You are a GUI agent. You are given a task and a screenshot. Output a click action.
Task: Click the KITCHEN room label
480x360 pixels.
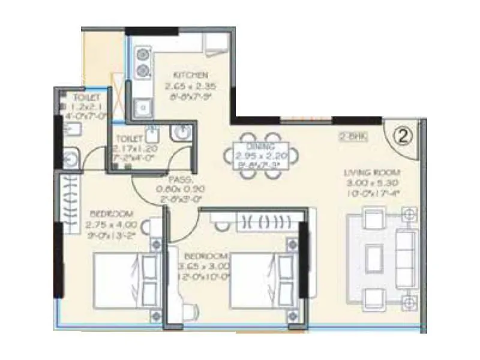tap(191, 75)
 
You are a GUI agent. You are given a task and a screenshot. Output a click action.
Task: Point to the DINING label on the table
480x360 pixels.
tap(260, 146)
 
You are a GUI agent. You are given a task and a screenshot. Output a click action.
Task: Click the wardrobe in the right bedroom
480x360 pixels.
tap(268, 221)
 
